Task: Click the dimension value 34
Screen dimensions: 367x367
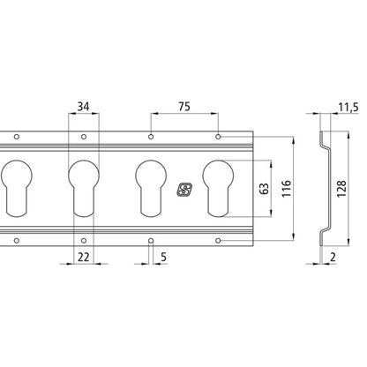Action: [x=82, y=107]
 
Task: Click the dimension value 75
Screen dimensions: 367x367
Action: [x=184, y=107]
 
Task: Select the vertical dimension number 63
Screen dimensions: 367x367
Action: [x=261, y=188]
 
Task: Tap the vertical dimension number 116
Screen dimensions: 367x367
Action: [x=284, y=188]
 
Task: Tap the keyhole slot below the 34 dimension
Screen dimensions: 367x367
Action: [x=82, y=186]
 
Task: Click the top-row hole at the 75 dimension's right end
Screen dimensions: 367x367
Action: [x=220, y=138]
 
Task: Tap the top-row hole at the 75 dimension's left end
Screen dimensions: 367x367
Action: [x=152, y=138]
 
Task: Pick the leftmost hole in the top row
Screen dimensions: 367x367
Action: [x=15, y=137]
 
